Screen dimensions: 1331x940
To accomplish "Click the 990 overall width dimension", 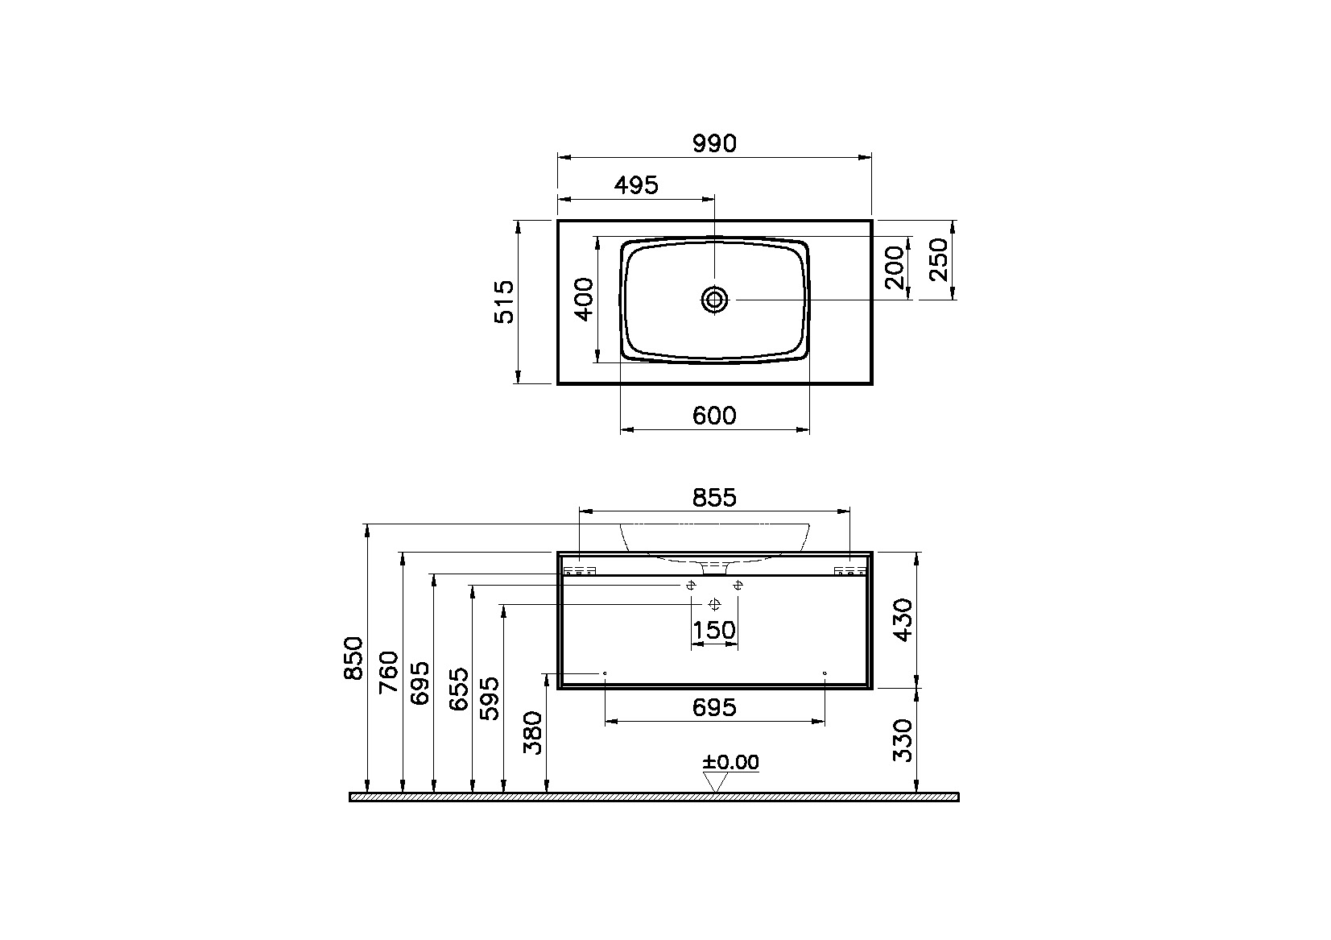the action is click(714, 144).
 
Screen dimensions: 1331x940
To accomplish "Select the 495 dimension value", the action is click(636, 185).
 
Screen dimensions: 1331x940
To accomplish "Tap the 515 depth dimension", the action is click(504, 302).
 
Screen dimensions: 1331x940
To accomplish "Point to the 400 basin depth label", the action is click(585, 299).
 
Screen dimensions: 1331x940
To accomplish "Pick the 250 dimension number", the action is click(938, 259).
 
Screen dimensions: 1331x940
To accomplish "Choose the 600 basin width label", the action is click(714, 416).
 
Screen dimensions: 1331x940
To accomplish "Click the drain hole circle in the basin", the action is click(714, 300).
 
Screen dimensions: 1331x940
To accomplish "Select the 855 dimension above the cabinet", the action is click(714, 498).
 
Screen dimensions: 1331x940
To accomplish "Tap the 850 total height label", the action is click(353, 658).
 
